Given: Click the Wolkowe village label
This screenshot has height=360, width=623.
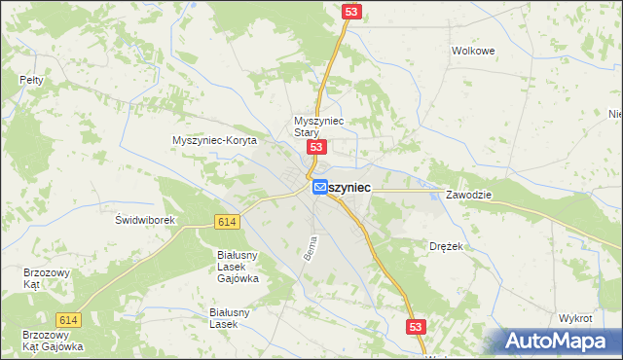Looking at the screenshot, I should point(474,51).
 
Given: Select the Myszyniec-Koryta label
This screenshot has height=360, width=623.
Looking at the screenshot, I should point(214,140).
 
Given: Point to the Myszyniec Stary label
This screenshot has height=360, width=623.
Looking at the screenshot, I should point(313,127).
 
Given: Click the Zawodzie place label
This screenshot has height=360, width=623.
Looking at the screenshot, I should point(469,195).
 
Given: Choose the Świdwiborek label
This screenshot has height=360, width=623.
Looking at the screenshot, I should point(145,220).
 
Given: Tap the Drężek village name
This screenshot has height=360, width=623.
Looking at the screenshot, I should point(446,247).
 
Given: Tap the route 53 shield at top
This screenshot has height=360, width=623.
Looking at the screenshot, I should point(351,11).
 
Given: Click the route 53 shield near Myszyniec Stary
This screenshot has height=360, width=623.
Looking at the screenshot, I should point(315,147).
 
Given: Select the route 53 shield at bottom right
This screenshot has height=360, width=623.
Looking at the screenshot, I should point(416,328).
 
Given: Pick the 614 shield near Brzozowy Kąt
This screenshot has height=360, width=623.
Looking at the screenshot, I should point(67,320).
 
